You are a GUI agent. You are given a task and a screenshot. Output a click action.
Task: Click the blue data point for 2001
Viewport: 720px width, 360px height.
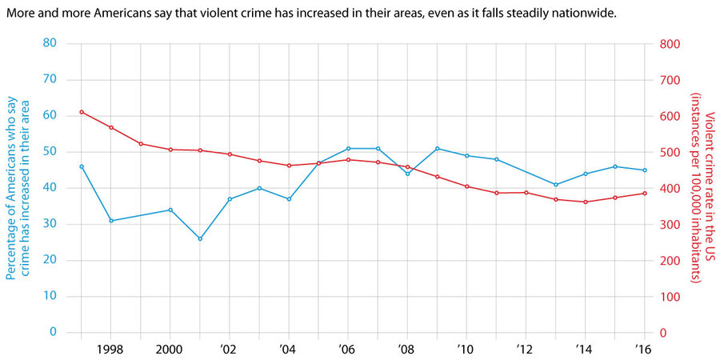point(200,238)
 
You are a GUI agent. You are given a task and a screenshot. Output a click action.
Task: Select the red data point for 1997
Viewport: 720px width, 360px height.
point(82,112)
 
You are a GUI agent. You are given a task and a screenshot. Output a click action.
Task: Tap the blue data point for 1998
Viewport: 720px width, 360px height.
point(111,221)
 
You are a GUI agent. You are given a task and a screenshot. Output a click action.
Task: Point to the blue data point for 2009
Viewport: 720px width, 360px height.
point(437,148)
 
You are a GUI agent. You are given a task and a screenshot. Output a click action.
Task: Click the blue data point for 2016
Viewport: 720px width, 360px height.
point(645,170)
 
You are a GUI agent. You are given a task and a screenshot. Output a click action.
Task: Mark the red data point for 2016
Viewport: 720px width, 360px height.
point(645,193)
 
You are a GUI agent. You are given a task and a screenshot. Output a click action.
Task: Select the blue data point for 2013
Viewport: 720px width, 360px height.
point(555,185)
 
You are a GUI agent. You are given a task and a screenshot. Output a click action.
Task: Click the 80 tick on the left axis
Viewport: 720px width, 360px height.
point(50,43)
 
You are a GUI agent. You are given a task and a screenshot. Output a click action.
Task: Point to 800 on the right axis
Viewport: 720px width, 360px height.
point(671,43)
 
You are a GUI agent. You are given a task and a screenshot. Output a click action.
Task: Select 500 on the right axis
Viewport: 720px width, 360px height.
point(671,152)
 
